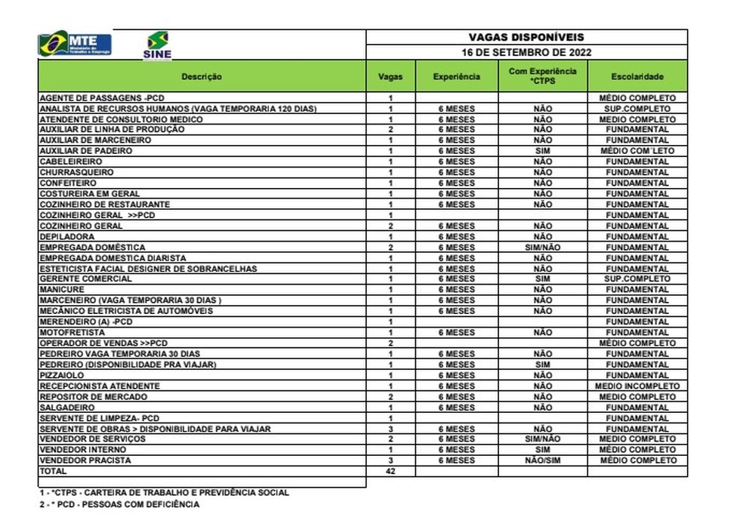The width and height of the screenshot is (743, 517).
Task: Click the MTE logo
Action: pyautogui.click(x=75, y=44)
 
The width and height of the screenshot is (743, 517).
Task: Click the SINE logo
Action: pyautogui.click(x=157, y=45)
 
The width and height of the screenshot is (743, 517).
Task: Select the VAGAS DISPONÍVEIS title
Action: pyautogui.click(x=526, y=37)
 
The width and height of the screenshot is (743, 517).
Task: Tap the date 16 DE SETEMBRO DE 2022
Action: pyautogui.click(x=526, y=53)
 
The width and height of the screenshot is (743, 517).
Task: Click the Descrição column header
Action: pyautogui.click(x=202, y=76)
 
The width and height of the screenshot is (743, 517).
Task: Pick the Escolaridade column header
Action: pyautogui.click(x=637, y=76)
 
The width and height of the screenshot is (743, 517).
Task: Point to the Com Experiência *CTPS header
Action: pyautogui.click(x=542, y=76)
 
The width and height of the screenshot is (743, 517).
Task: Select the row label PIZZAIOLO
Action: pyautogui.click(x=62, y=375)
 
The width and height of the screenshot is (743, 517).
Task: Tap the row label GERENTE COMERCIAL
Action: pyautogui.click(x=85, y=279)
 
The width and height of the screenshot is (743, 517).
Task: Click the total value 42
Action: pyautogui.click(x=390, y=471)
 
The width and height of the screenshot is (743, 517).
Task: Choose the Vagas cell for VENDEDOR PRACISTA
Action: pyautogui.click(x=390, y=460)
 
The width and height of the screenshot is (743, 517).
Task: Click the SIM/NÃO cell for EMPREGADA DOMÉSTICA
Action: pyautogui.click(x=542, y=248)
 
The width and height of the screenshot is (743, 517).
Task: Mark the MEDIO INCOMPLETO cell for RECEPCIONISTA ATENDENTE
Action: pyautogui.click(x=637, y=386)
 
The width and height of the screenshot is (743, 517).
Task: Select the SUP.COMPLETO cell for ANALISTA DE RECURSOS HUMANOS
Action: pyautogui.click(x=637, y=109)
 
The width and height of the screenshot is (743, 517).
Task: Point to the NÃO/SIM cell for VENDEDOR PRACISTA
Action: pyautogui.click(x=542, y=460)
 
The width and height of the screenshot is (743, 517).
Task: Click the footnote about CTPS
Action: pyautogui.click(x=165, y=492)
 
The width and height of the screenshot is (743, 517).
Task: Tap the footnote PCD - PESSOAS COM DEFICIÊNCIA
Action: pyautogui.click(x=121, y=504)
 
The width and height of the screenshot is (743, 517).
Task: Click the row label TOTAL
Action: pyautogui.click(x=53, y=471)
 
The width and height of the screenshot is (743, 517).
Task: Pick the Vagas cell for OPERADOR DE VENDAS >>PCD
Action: pyautogui.click(x=390, y=343)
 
